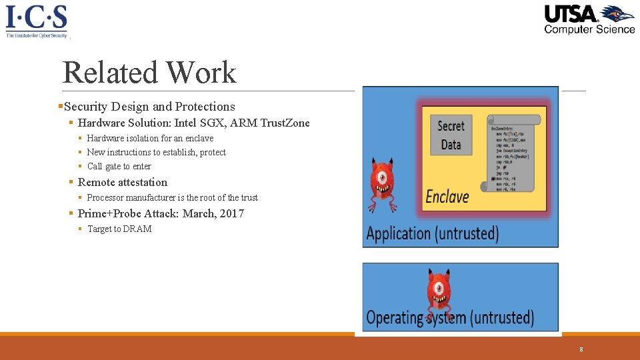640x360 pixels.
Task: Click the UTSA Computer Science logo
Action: click(589, 19)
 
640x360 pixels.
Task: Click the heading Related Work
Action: click(149, 72)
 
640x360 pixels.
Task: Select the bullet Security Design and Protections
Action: click(149, 107)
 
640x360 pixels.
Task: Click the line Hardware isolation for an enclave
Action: click(150, 139)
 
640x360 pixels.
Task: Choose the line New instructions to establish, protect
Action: click(156, 153)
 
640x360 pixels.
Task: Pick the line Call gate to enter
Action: click(119, 167)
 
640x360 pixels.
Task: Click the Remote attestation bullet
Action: click(123, 183)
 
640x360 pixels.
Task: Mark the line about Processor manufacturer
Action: click(172, 198)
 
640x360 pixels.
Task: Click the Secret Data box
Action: click(451, 135)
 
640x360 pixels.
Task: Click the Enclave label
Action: click(447, 197)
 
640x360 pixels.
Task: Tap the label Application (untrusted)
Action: click(433, 233)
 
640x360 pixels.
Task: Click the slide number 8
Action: click(581, 349)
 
